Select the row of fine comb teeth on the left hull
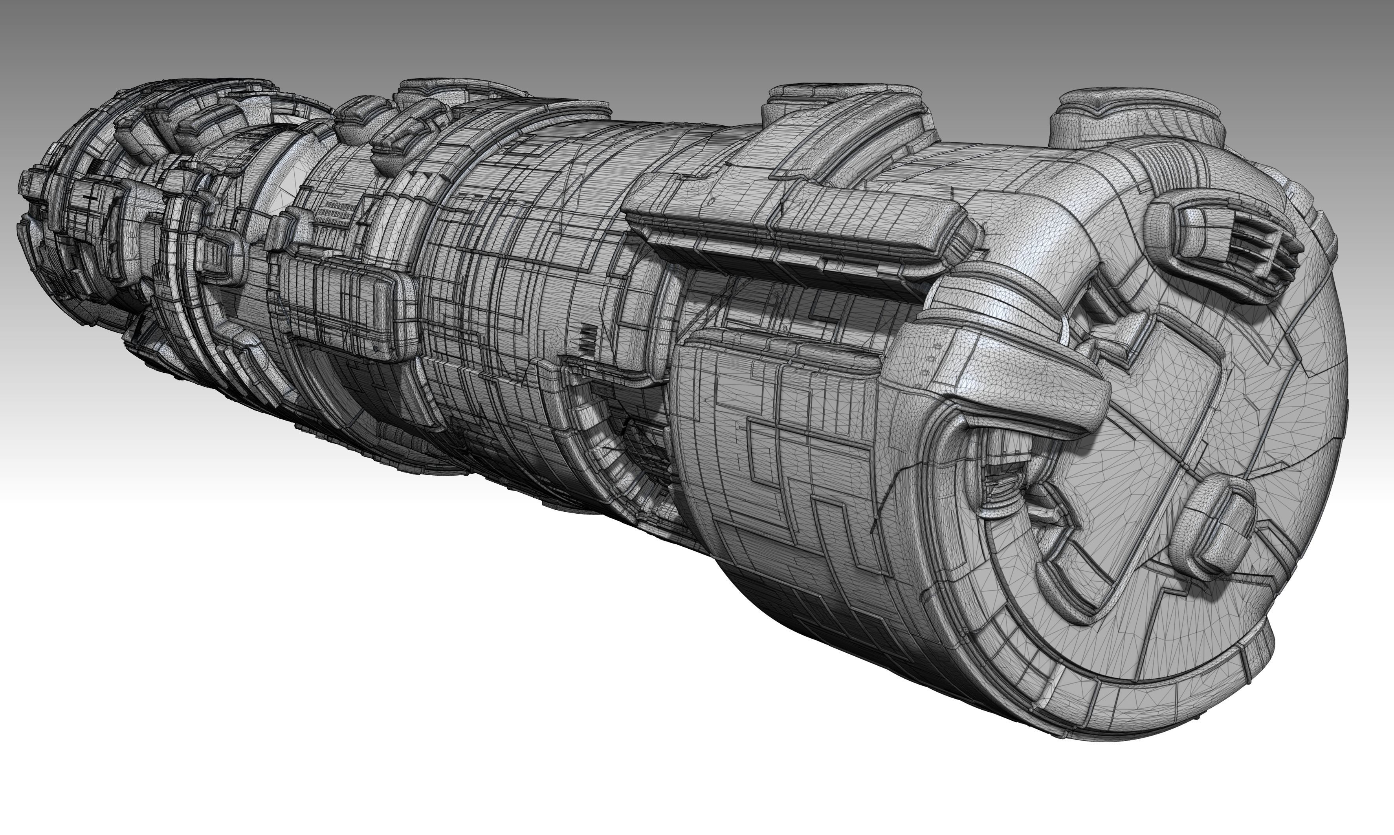[x=337, y=214]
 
